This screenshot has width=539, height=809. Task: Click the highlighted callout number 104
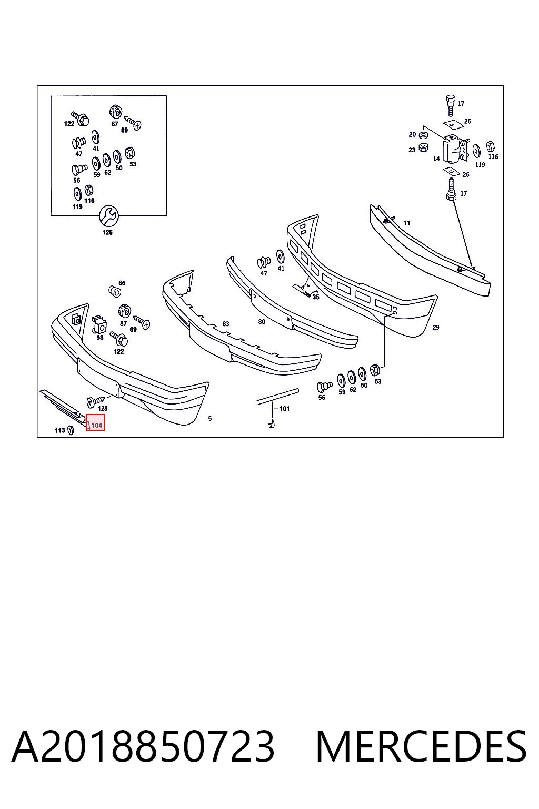pos(97,426)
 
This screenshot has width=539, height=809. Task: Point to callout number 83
pos(226,323)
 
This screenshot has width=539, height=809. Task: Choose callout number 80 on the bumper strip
pos(262,321)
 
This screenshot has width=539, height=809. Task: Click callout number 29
pos(436,327)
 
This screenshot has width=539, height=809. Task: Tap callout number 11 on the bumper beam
pos(407,223)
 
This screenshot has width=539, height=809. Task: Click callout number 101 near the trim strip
pos(284,409)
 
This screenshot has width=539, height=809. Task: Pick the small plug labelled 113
pos(71,430)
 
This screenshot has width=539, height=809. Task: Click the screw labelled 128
pos(96,400)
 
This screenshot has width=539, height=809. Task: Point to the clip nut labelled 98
pos(99,324)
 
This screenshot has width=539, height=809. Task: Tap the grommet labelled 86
pos(115,291)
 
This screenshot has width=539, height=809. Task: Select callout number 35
pos(316,297)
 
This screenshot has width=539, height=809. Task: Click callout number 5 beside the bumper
pos(209,419)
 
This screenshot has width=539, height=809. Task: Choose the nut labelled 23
pos(423,147)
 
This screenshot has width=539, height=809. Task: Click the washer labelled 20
pos(423,135)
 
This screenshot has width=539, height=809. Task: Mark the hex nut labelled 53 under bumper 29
pos(375,370)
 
